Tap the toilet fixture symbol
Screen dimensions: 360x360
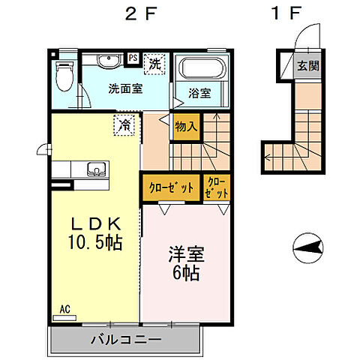point(66,75)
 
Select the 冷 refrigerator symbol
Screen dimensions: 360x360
point(124,124)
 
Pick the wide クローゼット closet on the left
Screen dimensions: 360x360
point(171,187)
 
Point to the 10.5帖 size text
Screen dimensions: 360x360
point(94,243)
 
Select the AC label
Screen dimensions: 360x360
point(64,307)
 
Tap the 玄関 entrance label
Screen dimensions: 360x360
point(307,65)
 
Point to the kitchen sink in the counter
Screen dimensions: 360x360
point(95,167)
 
